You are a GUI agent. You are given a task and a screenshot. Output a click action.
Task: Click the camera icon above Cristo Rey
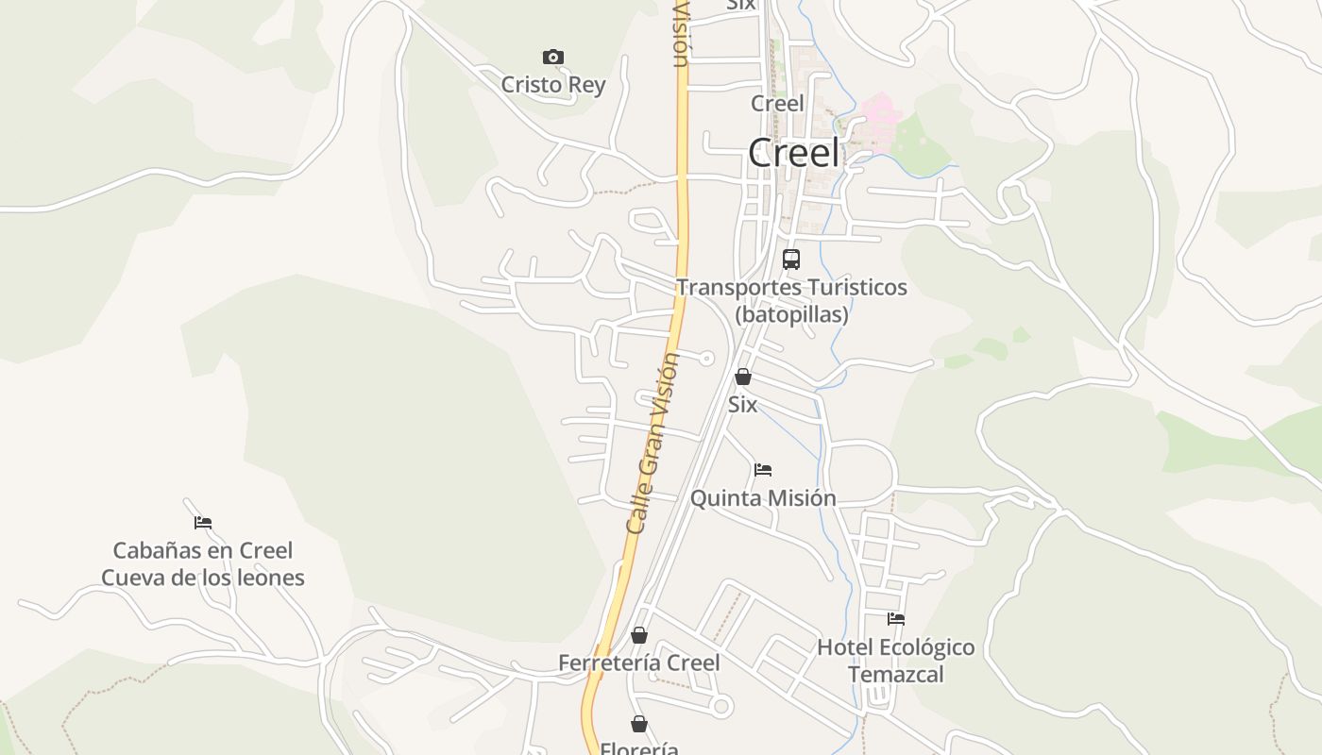click(x=553, y=58)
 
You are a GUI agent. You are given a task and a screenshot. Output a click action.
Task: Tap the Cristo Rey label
click(x=553, y=85)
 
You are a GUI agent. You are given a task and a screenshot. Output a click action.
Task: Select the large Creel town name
click(x=793, y=153)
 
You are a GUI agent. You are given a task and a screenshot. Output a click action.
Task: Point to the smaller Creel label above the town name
click(x=777, y=103)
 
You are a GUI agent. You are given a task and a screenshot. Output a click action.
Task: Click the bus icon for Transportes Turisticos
click(x=791, y=259)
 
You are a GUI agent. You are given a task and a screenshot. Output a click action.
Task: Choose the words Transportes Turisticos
click(x=791, y=287)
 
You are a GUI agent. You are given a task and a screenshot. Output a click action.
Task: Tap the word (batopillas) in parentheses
click(x=791, y=314)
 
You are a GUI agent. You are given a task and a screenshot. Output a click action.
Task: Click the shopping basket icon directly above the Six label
click(x=743, y=377)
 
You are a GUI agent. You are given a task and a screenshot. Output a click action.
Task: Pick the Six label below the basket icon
click(x=742, y=405)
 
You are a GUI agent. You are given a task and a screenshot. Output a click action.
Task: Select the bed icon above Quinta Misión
click(x=763, y=469)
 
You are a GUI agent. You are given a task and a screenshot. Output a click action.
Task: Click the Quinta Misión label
click(x=763, y=498)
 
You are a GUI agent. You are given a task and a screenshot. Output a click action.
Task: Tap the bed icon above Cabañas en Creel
click(x=203, y=522)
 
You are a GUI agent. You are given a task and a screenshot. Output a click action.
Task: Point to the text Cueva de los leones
click(x=203, y=578)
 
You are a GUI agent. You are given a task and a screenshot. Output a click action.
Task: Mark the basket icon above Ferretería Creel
click(x=639, y=635)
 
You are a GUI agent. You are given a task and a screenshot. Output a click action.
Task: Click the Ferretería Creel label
click(x=638, y=663)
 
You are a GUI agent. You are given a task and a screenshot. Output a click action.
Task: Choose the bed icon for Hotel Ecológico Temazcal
click(x=896, y=619)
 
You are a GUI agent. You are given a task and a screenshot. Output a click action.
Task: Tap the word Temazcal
click(x=895, y=675)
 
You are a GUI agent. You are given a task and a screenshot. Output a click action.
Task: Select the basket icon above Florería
click(x=639, y=724)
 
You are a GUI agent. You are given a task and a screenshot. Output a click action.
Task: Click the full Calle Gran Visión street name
click(x=653, y=444)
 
